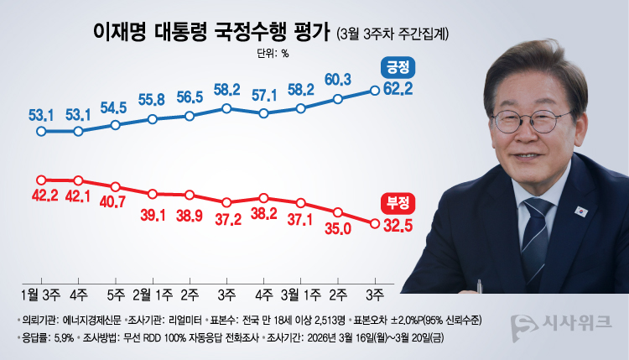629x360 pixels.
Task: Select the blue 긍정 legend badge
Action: [395, 67]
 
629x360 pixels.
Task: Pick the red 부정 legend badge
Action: [395, 202]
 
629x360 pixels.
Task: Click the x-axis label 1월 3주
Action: [39, 294]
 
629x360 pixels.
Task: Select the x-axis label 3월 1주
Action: [300, 294]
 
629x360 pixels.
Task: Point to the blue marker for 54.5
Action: [115, 125]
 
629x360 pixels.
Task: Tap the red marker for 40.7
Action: [115, 186]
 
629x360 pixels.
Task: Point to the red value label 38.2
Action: [264, 214]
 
